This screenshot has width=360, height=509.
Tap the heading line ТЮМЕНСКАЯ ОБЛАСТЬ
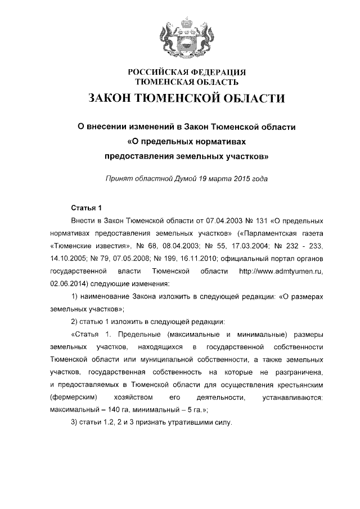pos(180,82)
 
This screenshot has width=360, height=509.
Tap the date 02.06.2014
pos(68,285)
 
